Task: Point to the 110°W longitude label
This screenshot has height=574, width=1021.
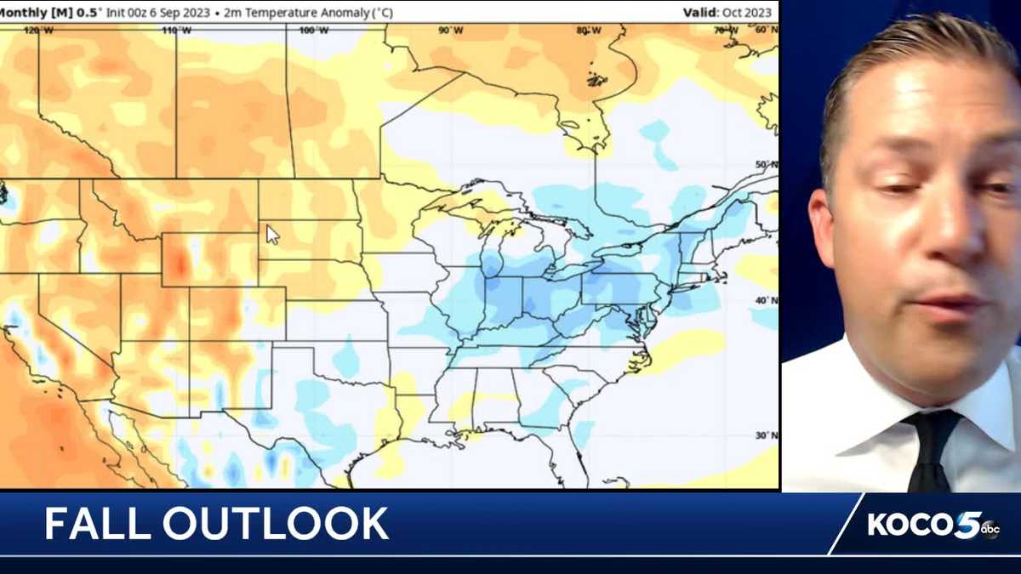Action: point(176,31)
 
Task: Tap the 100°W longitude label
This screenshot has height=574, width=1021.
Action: point(313,31)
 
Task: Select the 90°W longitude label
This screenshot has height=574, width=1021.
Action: point(450,31)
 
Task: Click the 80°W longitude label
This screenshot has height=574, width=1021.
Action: point(586,31)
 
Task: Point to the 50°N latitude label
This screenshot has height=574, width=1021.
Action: point(767,165)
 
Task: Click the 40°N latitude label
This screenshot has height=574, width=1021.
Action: point(767,300)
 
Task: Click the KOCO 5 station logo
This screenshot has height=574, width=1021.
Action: point(933,525)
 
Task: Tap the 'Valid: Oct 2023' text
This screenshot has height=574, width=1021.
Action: point(727,12)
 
